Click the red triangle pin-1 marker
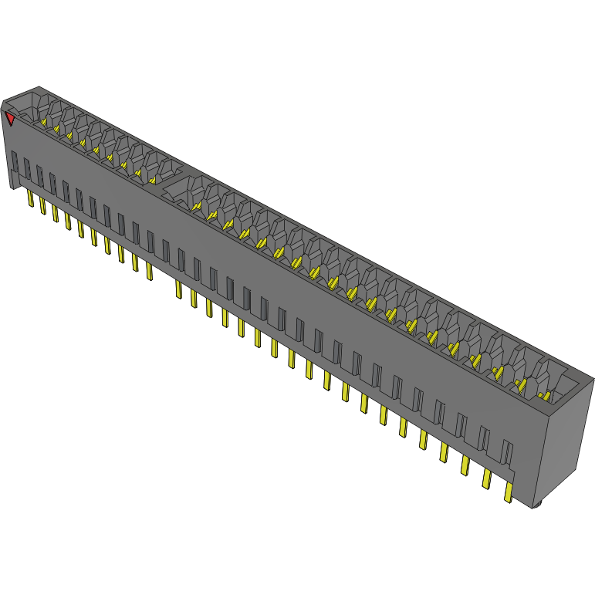[10, 118]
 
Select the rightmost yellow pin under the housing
[508, 492]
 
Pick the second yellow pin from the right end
[486, 478]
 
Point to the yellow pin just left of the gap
[149, 271]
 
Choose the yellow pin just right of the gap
[178, 289]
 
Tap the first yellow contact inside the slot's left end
[44, 121]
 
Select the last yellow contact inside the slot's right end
[546, 396]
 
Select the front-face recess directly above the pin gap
[166, 250]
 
